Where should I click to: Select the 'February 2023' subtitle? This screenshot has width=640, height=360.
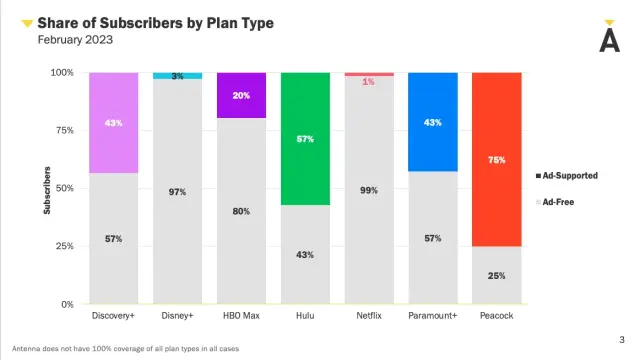click(x=76, y=40)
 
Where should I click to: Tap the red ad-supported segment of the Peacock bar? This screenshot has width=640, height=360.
click(x=496, y=159)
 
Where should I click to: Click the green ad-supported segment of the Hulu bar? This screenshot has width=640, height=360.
click(x=305, y=139)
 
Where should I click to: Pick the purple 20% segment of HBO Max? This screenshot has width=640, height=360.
click(x=241, y=95)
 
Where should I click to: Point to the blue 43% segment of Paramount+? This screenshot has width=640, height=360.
click(x=432, y=122)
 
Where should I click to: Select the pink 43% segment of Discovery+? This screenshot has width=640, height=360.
click(x=113, y=122)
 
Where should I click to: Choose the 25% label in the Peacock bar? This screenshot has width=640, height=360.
click(x=496, y=275)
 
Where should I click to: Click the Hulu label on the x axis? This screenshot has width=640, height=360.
click(x=305, y=316)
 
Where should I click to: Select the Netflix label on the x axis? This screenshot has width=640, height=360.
click(x=368, y=316)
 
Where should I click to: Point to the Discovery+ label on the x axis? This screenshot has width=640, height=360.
click(x=113, y=316)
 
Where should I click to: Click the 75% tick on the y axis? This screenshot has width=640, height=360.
click(x=62, y=130)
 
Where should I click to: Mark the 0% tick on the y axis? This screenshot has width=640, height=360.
click(x=66, y=304)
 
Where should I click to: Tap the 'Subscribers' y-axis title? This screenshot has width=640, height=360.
click(x=47, y=188)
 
